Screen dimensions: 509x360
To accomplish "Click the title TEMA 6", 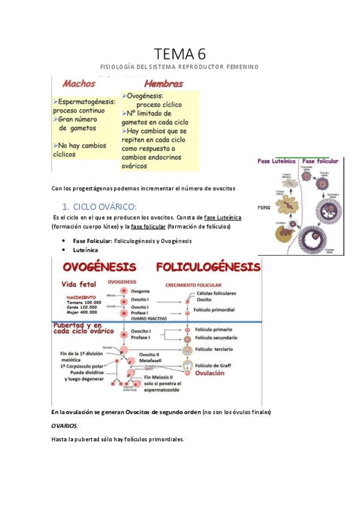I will coord(179,54).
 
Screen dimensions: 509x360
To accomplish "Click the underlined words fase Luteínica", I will coord(223,217).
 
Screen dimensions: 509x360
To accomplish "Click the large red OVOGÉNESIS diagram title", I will coord(96,266).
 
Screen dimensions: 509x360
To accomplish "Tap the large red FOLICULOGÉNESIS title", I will coord(208,266).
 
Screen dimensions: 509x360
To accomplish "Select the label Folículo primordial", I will coord(214,310).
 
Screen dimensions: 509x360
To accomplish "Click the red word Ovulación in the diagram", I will coord(209,373).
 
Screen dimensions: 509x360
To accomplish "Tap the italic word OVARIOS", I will coord(65,426).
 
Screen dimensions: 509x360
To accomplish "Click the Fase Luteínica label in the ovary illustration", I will coord(278,161).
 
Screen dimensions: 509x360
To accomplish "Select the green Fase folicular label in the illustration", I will coord(323,161).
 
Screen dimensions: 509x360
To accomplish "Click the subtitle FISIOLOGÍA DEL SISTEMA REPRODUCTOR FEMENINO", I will coord(179,67).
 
